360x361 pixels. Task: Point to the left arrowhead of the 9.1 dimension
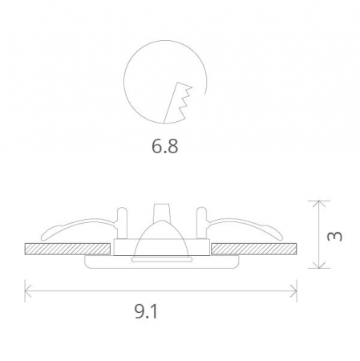[x=28, y=287]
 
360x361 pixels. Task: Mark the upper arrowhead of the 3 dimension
[x=319, y=204]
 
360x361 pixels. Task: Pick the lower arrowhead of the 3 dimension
[x=319, y=266]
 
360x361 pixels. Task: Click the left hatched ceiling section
[x=68, y=249]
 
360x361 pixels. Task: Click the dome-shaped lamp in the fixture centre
[x=161, y=240]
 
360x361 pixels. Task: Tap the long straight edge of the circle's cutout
[x=171, y=103]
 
